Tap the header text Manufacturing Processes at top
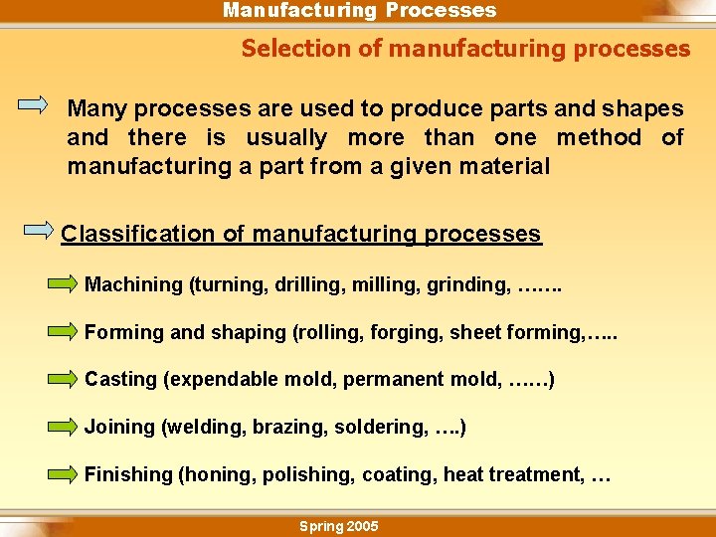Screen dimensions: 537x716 point(359,11)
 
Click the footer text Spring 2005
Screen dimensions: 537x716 point(338,526)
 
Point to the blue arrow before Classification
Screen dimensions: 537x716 point(39,230)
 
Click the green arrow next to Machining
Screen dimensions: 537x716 point(62,285)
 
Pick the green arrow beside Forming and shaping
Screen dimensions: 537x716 point(62,332)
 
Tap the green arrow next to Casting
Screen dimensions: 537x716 point(62,379)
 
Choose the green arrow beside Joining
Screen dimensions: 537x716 point(62,427)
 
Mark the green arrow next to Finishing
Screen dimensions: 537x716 point(62,474)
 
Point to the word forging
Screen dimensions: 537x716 point(406,332)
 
